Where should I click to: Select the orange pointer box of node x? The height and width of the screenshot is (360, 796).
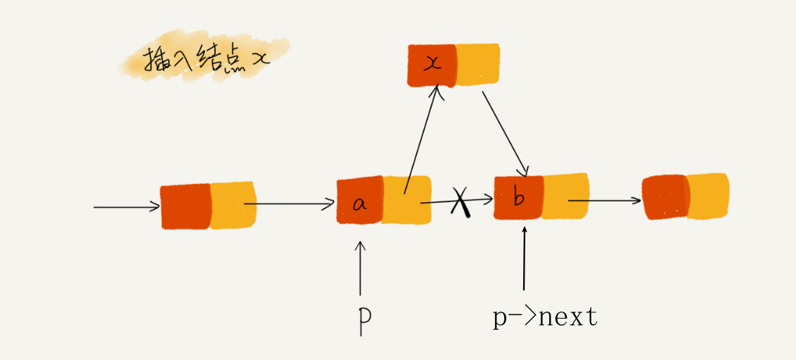point(478,65)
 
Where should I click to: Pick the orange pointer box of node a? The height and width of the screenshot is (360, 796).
point(406,200)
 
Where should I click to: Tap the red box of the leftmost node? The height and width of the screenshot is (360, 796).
point(186,206)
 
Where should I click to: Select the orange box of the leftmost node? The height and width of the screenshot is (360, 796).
point(233,205)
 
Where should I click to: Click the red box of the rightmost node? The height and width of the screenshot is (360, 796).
point(665,197)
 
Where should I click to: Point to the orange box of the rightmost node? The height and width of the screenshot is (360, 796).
point(708,196)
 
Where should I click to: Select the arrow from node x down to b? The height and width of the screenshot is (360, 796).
point(504,133)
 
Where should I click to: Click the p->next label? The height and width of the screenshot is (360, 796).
point(545,318)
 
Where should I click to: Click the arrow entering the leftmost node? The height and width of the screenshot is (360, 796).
point(127,207)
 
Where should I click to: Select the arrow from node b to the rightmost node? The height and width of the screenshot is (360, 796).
point(605,201)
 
